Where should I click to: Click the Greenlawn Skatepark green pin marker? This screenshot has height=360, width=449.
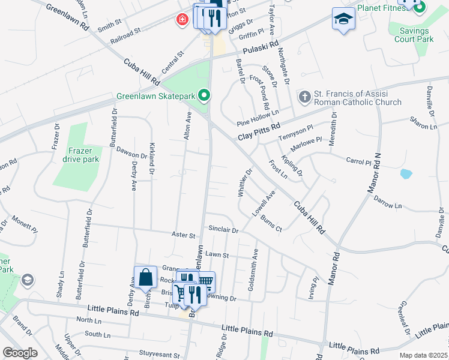coord(204,95)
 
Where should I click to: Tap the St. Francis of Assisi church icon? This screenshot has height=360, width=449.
coord(305,96)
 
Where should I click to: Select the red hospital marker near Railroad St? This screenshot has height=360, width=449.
coord(181,20)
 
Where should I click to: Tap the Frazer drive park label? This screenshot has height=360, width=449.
coord(80,155)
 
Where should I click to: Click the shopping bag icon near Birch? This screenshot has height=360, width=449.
coord(145,277)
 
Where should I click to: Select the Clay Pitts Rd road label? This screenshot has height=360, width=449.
coord(259,127)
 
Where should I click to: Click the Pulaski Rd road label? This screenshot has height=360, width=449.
coord(265,45)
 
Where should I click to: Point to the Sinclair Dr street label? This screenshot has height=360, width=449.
coord(223,230)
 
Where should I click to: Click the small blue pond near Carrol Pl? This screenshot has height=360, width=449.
coord(406,174)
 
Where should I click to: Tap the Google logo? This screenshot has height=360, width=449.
coord(20,353)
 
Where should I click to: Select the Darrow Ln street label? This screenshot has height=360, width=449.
coord(387,202)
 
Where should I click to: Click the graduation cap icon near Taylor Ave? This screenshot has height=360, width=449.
coord(343,20)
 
